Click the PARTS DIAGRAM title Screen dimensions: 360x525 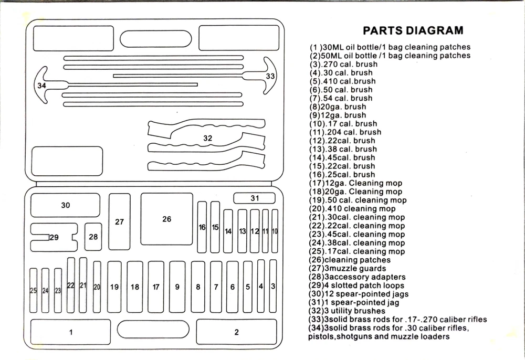[413, 30]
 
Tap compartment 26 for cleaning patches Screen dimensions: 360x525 [166, 219]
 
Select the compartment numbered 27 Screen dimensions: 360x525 [120, 222]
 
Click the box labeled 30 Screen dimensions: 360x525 [65, 205]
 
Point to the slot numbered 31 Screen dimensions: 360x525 [255, 198]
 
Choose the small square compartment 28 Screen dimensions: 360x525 [93, 237]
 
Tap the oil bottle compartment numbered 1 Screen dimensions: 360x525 [71, 332]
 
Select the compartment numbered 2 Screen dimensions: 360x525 [237, 332]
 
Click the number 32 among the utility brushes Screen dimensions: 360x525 [208, 138]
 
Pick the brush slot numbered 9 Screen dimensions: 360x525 [177, 287]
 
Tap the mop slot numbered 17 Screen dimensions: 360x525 [156, 287]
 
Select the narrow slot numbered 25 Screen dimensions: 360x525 [33, 291]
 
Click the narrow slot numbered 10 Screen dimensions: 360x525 [275, 231]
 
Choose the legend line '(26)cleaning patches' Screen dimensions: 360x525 [350, 260]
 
